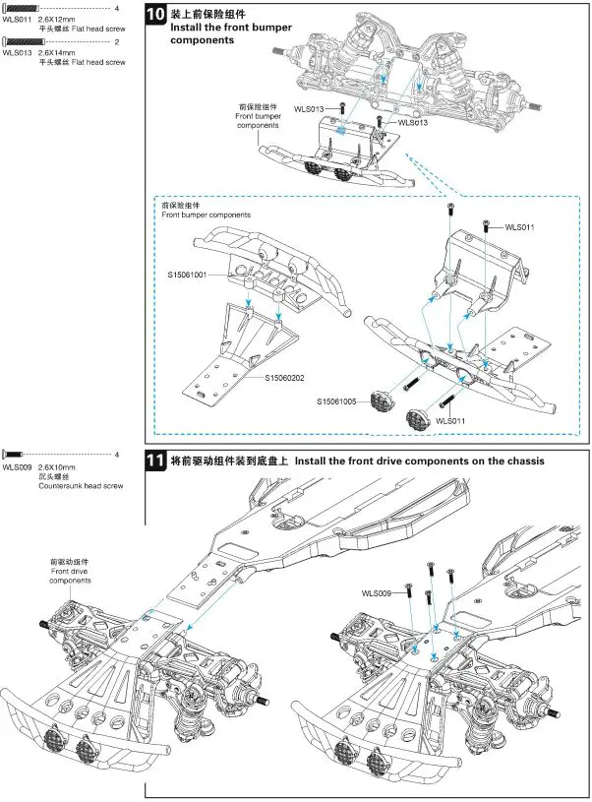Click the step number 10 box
coord(156,17)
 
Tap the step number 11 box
coord(156,462)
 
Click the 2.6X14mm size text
coord(56,52)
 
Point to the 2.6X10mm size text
coord(56,466)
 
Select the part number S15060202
coord(285,377)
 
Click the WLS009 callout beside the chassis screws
coord(377,593)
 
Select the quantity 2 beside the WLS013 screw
coord(116,41)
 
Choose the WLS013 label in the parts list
coord(17,52)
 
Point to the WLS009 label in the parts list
coord(17,466)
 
